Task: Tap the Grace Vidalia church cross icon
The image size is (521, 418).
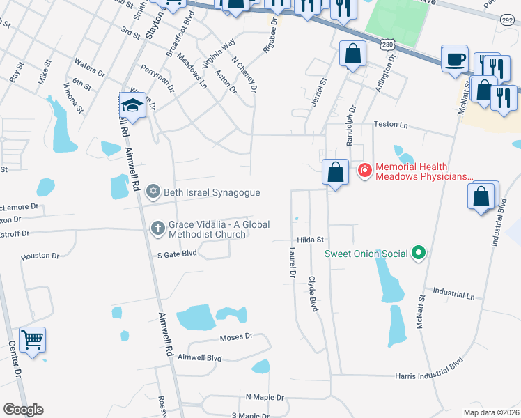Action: (x=158, y=228)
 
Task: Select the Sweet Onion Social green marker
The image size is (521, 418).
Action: (x=418, y=253)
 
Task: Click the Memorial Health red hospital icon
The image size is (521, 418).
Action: (x=364, y=170)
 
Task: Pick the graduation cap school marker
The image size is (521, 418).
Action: (x=131, y=105)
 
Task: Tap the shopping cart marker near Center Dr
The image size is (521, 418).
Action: (x=32, y=340)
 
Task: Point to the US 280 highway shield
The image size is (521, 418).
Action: (x=388, y=44)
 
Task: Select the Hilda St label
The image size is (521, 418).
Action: (x=311, y=239)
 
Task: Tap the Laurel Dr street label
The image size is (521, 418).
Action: (x=292, y=263)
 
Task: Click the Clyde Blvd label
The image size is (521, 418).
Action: (x=313, y=293)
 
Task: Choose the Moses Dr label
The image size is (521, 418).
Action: (x=235, y=337)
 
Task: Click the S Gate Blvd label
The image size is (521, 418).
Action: (x=177, y=254)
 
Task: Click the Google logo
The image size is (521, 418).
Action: (x=23, y=410)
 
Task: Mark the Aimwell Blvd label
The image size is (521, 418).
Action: (x=200, y=357)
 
